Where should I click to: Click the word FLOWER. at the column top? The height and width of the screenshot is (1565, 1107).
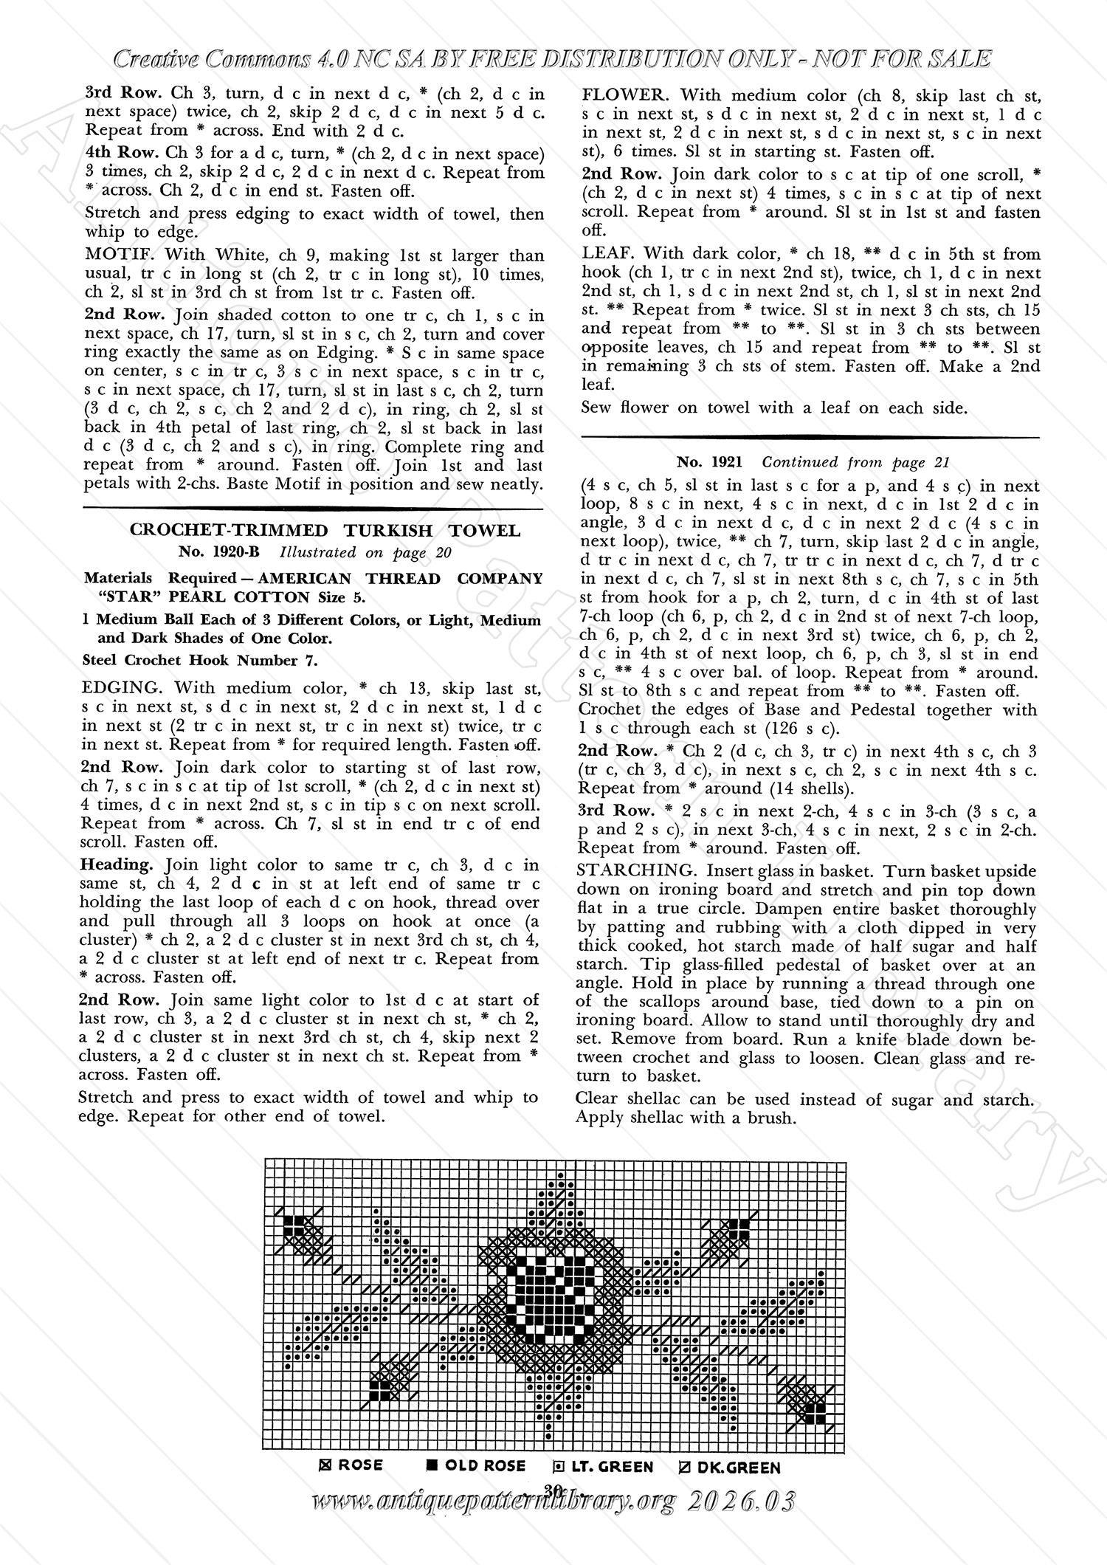[624, 95]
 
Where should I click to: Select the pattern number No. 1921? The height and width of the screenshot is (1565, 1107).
[709, 462]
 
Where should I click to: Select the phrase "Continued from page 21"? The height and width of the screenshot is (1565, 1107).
[855, 462]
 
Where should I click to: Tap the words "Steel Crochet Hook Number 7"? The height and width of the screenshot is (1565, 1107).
[200, 660]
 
